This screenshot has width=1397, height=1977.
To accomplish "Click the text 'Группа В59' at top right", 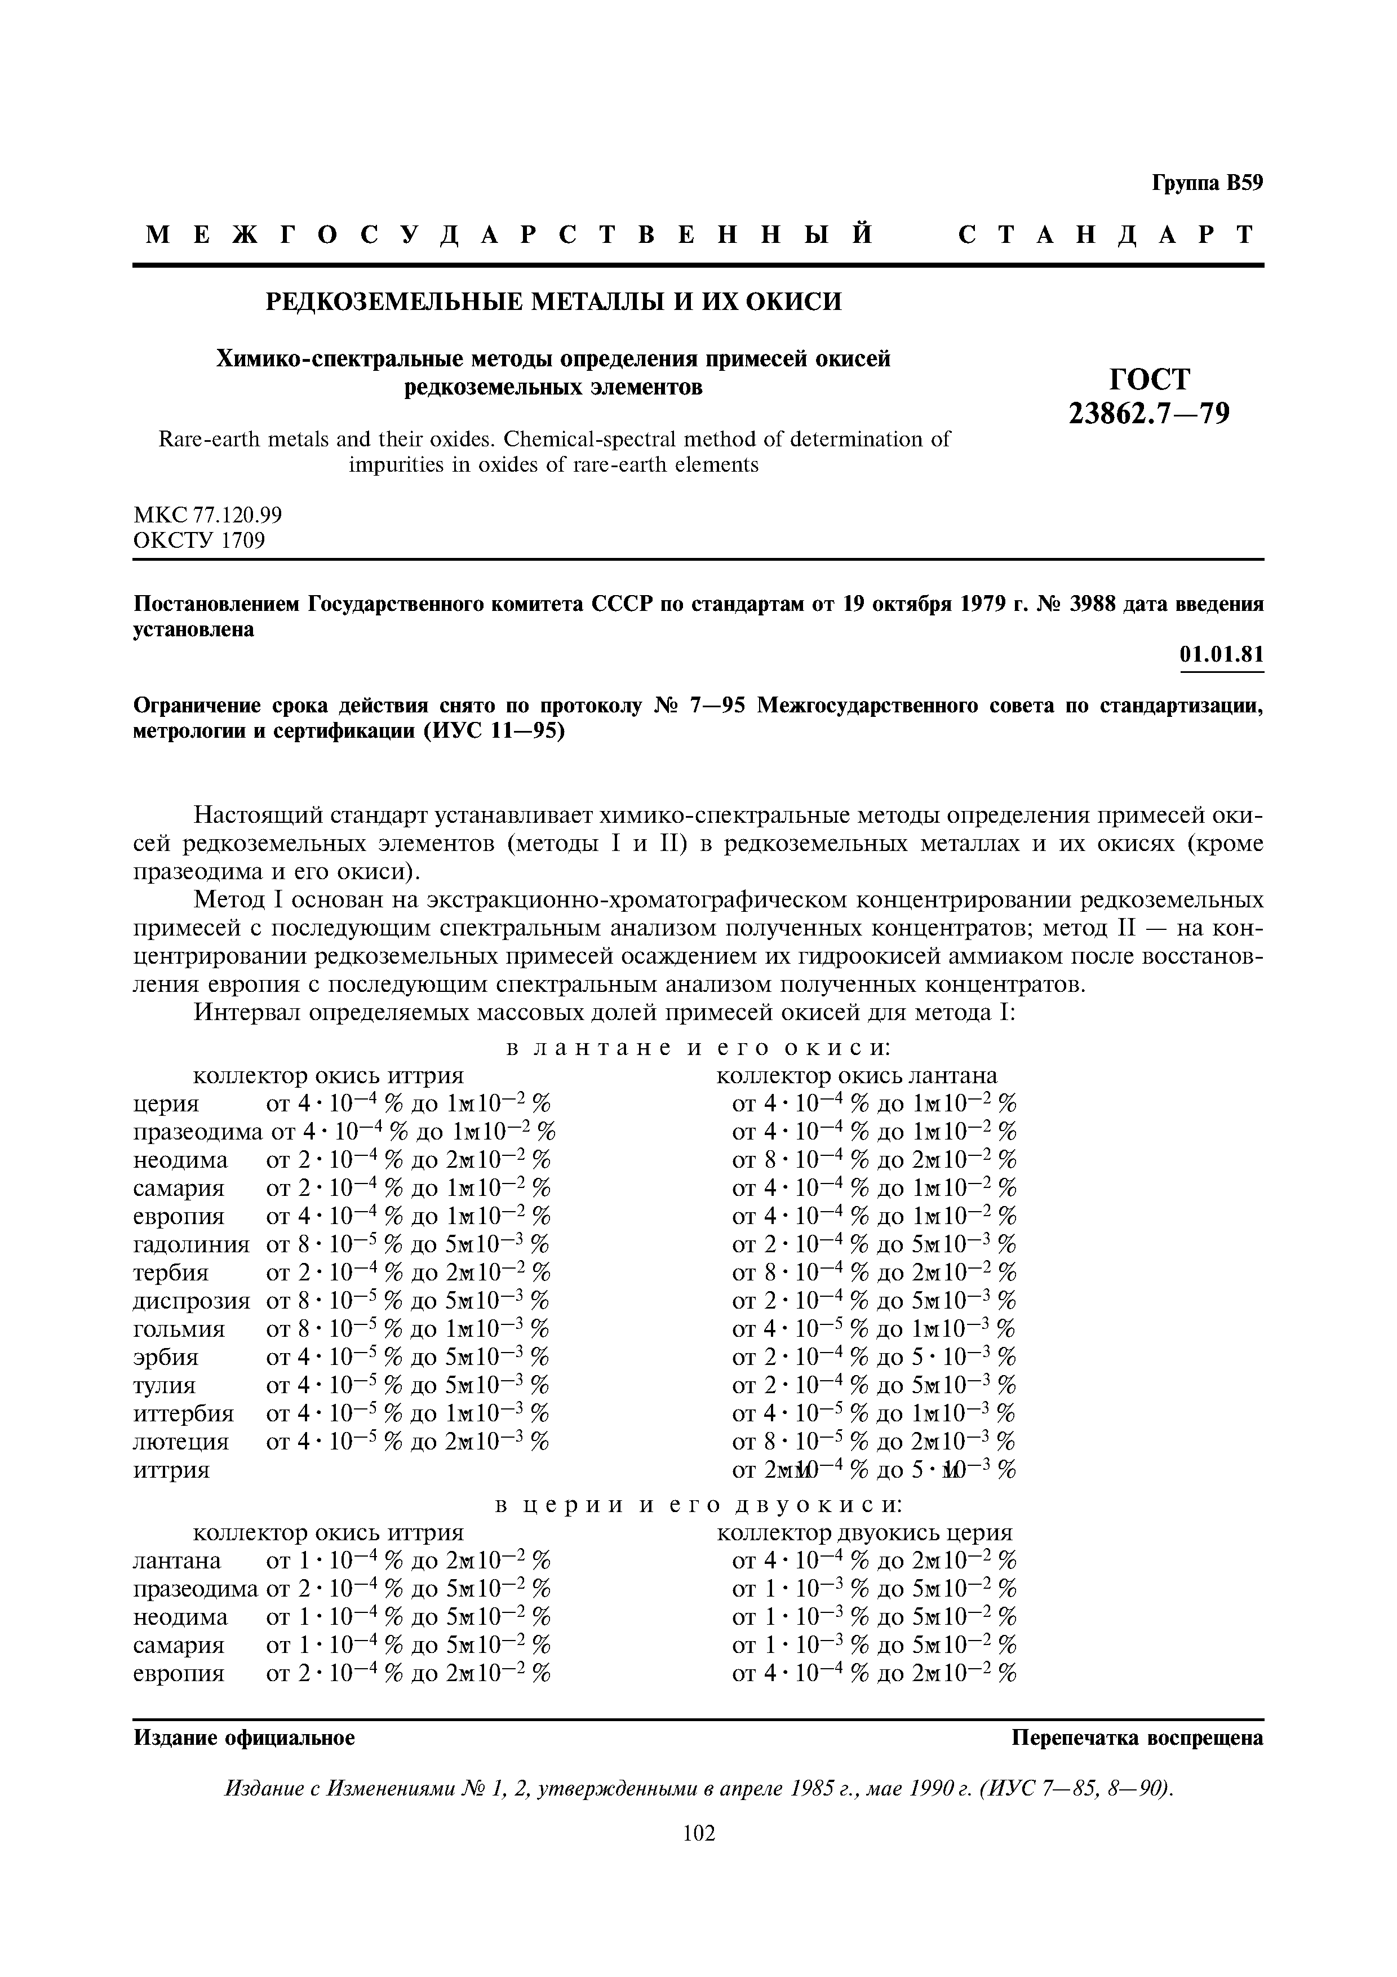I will [1207, 183].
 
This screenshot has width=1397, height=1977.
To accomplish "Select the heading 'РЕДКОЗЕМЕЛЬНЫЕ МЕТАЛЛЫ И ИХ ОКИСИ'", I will [553, 302].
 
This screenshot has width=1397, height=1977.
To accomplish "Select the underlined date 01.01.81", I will [1221, 655].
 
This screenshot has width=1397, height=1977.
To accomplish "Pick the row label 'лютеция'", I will [181, 1440].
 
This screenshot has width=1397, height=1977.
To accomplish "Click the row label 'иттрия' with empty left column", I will [171, 1469].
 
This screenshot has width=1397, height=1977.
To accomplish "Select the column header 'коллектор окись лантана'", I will [857, 1075].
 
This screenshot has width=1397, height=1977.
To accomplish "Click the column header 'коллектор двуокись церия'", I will [864, 1532].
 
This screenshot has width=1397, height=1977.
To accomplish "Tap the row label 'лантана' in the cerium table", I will [178, 1561].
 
